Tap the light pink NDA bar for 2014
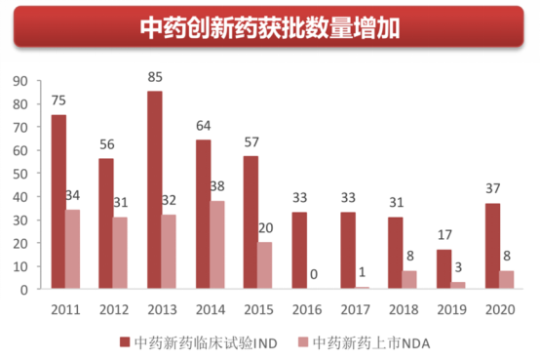(217, 245)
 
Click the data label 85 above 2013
(154, 75)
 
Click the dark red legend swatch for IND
(125, 341)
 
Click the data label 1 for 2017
(363, 272)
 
